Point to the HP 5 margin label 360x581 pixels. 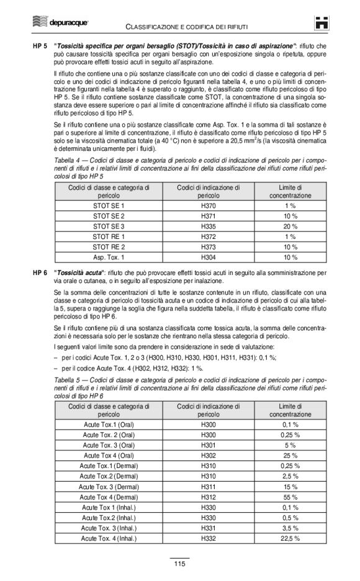point(40,47)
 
